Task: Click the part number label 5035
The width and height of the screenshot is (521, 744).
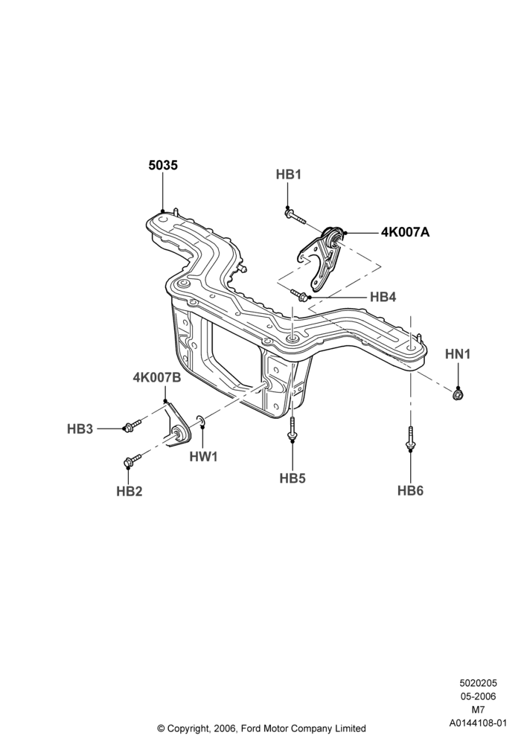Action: pyautogui.click(x=163, y=165)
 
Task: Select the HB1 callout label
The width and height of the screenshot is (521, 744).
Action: pyautogui.click(x=289, y=175)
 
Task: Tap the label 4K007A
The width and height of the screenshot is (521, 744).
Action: pyautogui.click(x=405, y=232)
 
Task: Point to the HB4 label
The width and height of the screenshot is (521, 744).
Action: pyautogui.click(x=383, y=297)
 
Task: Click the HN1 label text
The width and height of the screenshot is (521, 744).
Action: pyautogui.click(x=458, y=354)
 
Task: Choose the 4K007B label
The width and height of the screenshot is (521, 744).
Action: pyautogui.click(x=157, y=378)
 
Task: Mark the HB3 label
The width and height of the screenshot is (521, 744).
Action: pyautogui.click(x=80, y=429)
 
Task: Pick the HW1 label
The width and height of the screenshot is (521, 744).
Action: pyautogui.click(x=203, y=457)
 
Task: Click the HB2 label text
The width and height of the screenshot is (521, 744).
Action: pyautogui.click(x=129, y=492)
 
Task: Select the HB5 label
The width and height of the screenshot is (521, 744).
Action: pyautogui.click(x=293, y=478)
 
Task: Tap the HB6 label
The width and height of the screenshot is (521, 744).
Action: pyautogui.click(x=410, y=490)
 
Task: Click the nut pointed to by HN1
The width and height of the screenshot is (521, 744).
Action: pyautogui.click(x=458, y=394)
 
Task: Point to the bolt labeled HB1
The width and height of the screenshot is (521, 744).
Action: pyautogui.click(x=295, y=217)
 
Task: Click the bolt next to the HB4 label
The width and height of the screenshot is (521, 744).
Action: pyautogui.click(x=299, y=295)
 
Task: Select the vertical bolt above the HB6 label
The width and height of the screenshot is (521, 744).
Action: pyautogui.click(x=410, y=437)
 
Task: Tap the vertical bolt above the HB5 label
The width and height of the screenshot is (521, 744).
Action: pyautogui.click(x=293, y=428)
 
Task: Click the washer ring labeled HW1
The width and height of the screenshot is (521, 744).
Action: pyautogui.click(x=201, y=420)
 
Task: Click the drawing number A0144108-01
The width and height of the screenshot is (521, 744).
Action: pyautogui.click(x=479, y=723)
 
